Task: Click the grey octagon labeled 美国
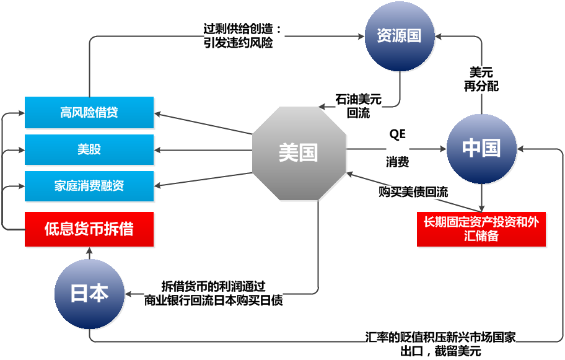pyautogui.click(x=299, y=153)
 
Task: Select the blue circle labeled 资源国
pyautogui.click(x=400, y=36)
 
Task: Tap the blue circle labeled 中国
pyautogui.click(x=481, y=149)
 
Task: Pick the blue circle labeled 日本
pyautogui.click(x=89, y=294)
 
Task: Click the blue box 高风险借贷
pyautogui.click(x=89, y=113)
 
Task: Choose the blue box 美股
pyautogui.click(x=89, y=149)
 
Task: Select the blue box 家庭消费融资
pyautogui.click(x=89, y=186)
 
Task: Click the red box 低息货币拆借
pyautogui.click(x=89, y=229)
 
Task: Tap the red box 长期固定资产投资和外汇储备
pyautogui.click(x=481, y=229)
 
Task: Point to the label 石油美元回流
pyautogui.click(x=359, y=106)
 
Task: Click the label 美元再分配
pyautogui.click(x=481, y=79)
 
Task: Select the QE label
pyautogui.click(x=396, y=134)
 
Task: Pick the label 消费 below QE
pyautogui.click(x=397, y=163)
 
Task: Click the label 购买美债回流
pyautogui.click(x=413, y=192)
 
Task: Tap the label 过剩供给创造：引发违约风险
pyautogui.click(x=244, y=37)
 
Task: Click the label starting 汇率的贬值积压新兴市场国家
pyautogui.click(x=440, y=343)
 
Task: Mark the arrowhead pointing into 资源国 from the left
pyautogui.click(x=360, y=37)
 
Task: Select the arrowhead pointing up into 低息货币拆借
pyautogui.click(x=89, y=252)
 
